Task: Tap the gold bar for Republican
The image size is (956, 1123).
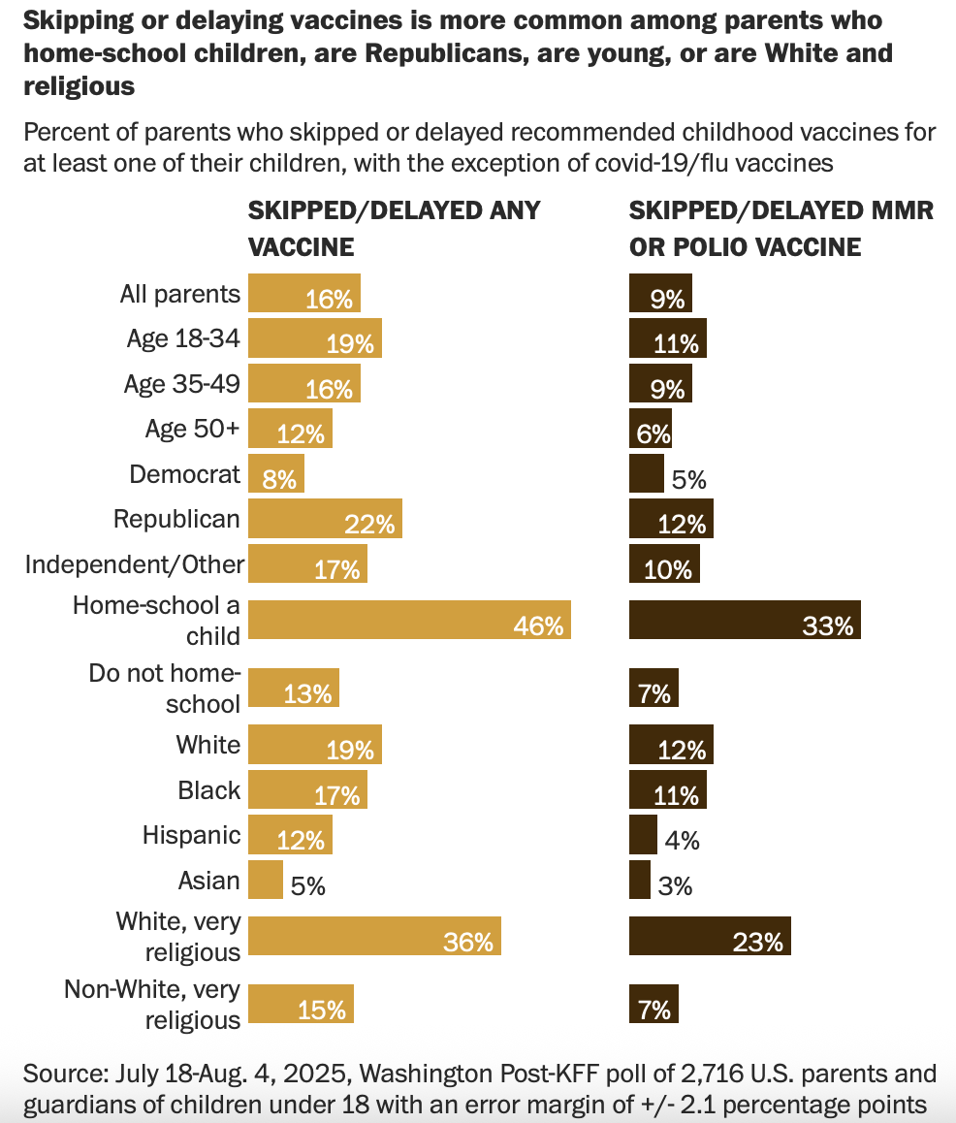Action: click(x=325, y=519)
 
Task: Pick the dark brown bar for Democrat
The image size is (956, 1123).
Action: click(x=646, y=473)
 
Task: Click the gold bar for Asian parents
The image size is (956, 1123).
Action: click(x=266, y=880)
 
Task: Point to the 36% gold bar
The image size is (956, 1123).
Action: click(x=374, y=936)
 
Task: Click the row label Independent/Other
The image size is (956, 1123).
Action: click(x=135, y=563)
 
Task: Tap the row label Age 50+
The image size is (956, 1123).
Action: click(x=192, y=428)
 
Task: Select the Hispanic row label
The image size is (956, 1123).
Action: click(x=191, y=835)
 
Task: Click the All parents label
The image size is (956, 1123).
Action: click(x=179, y=293)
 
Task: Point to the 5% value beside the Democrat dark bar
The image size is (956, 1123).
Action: click(x=688, y=479)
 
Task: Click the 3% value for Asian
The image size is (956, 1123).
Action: click(x=675, y=885)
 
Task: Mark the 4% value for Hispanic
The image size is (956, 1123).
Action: click(x=682, y=841)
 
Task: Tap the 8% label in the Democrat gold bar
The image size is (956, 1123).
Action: click(x=279, y=479)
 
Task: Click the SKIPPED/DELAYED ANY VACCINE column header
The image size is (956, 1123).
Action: click(x=394, y=228)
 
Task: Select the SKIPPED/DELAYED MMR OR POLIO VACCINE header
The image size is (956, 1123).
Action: click(x=781, y=228)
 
